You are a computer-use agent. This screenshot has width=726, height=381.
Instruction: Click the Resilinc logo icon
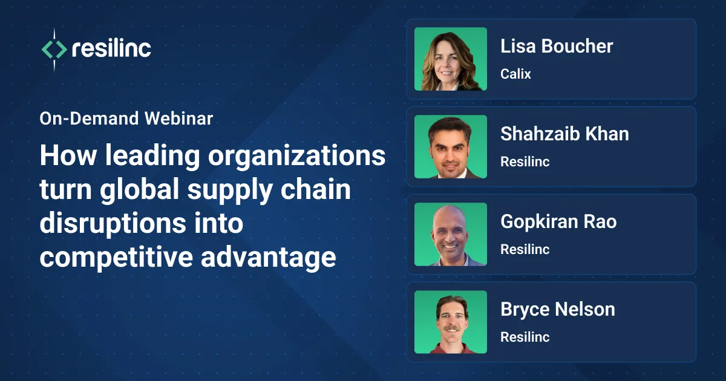[54, 50]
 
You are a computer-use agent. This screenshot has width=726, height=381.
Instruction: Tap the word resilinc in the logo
[111, 49]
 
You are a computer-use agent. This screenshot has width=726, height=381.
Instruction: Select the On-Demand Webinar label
[126, 119]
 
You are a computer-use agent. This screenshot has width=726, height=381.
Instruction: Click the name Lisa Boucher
[557, 47]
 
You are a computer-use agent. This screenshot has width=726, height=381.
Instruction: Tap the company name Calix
[515, 74]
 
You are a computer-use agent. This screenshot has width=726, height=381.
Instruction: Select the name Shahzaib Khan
[564, 134]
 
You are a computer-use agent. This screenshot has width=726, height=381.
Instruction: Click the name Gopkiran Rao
[558, 222]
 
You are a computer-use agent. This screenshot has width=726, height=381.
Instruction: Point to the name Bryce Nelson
[557, 310]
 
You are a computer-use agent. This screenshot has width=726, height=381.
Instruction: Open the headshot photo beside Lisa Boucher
[451, 59]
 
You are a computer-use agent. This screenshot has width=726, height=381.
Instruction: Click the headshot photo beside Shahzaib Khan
[451, 146]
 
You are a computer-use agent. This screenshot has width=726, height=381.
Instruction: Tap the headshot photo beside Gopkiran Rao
[451, 234]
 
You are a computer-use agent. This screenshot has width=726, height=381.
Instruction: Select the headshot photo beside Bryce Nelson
[451, 322]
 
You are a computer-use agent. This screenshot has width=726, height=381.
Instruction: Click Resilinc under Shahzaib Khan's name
[525, 162]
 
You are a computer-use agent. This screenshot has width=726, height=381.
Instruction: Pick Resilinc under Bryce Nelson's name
[525, 337]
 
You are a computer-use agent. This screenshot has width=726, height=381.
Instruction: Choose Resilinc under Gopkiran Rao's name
[525, 250]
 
